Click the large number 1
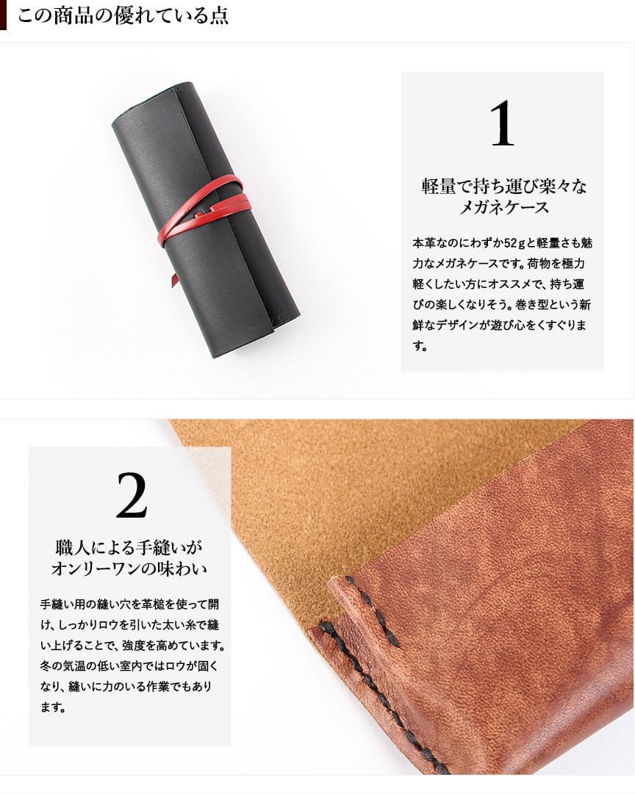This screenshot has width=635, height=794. click(x=502, y=123)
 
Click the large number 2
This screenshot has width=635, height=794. click(x=132, y=495)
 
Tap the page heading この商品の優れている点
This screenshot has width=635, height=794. click(x=123, y=15)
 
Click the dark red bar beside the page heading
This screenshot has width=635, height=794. click(x=3, y=15)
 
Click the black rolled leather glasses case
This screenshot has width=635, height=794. click(x=205, y=220)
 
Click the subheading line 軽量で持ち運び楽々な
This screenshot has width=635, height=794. click(x=503, y=187)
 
